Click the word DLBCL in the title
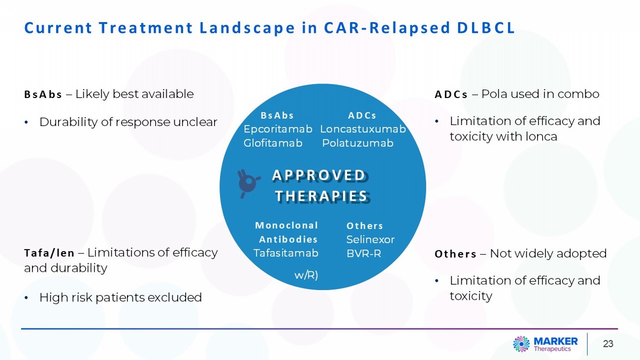tap(486, 28)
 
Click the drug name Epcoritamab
tap(278, 129)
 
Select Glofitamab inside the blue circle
tap(273, 143)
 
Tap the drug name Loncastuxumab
tap(363, 129)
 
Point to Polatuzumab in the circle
tap(358, 143)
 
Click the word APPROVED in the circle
tap(319, 175)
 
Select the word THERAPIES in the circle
tap(321, 196)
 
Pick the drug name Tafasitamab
tap(286, 253)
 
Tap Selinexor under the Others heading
tap(370, 239)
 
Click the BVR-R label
tap(364, 254)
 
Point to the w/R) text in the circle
tap(306, 275)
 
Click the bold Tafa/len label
tap(49, 253)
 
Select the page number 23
tap(608, 344)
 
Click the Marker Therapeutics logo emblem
tap(521, 344)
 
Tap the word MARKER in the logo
tap(555, 341)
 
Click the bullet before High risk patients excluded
tap(27, 298)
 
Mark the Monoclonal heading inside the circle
tap(287, 226)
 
